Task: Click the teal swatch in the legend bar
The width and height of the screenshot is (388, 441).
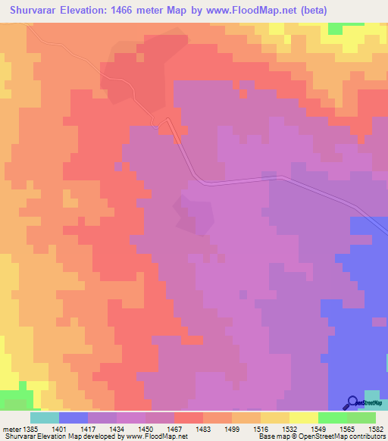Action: [x=45, y=418]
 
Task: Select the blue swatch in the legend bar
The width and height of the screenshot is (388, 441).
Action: [x=74, y=418]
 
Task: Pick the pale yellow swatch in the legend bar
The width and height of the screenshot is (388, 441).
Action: [x=304, y=418]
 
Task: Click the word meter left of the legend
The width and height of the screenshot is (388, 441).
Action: [x=11, y=429]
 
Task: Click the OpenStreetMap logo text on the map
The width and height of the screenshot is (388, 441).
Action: [x=371, y=403]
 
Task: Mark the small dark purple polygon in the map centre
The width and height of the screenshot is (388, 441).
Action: [x=193, y=213]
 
